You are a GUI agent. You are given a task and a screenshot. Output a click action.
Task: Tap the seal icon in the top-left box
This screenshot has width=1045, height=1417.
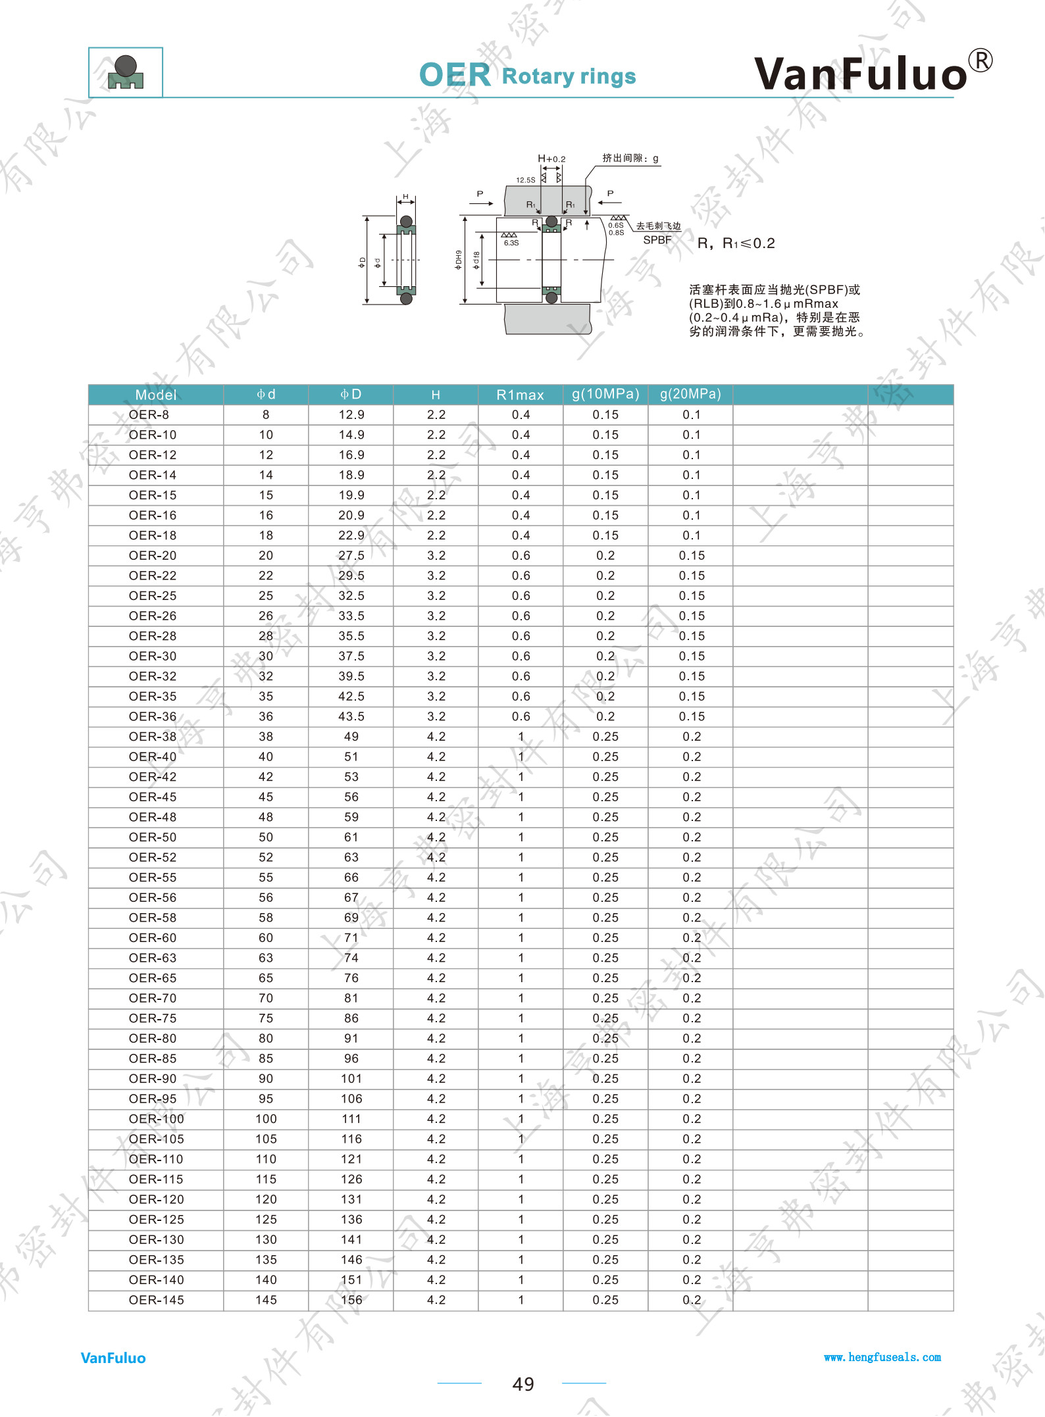126,72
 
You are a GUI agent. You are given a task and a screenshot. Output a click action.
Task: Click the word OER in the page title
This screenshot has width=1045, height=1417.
455,75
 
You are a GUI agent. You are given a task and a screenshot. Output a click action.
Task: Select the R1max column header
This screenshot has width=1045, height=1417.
520,395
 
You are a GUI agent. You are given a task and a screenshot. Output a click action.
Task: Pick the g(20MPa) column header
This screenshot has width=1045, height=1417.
690,394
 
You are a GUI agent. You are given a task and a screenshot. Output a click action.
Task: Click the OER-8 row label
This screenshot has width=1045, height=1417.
149,414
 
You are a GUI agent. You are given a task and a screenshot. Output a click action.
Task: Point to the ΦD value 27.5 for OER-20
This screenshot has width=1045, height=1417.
351,555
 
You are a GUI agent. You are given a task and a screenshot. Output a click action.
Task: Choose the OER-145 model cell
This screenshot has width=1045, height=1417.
156,1300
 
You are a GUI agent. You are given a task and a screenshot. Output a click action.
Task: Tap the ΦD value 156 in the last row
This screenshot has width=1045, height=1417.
351,1300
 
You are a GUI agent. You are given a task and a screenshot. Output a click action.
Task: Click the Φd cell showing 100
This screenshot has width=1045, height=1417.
266,1119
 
